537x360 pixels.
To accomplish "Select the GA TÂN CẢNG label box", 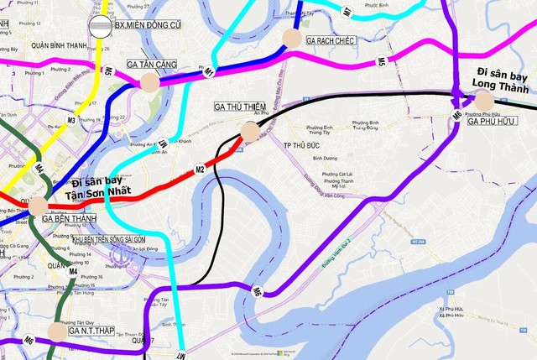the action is tap(154, 65).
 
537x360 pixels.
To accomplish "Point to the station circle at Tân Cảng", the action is tap(149, 81).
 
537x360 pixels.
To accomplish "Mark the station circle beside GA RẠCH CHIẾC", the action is tap(291, 37).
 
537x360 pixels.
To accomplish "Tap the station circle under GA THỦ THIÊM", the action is tap(250, 130).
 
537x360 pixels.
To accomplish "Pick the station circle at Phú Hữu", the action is tap(485, 100).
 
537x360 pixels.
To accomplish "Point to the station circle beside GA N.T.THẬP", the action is tap(56, 331).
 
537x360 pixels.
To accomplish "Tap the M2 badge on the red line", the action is tap(200, 170).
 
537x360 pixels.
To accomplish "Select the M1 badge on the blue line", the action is tap(210, 72).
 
